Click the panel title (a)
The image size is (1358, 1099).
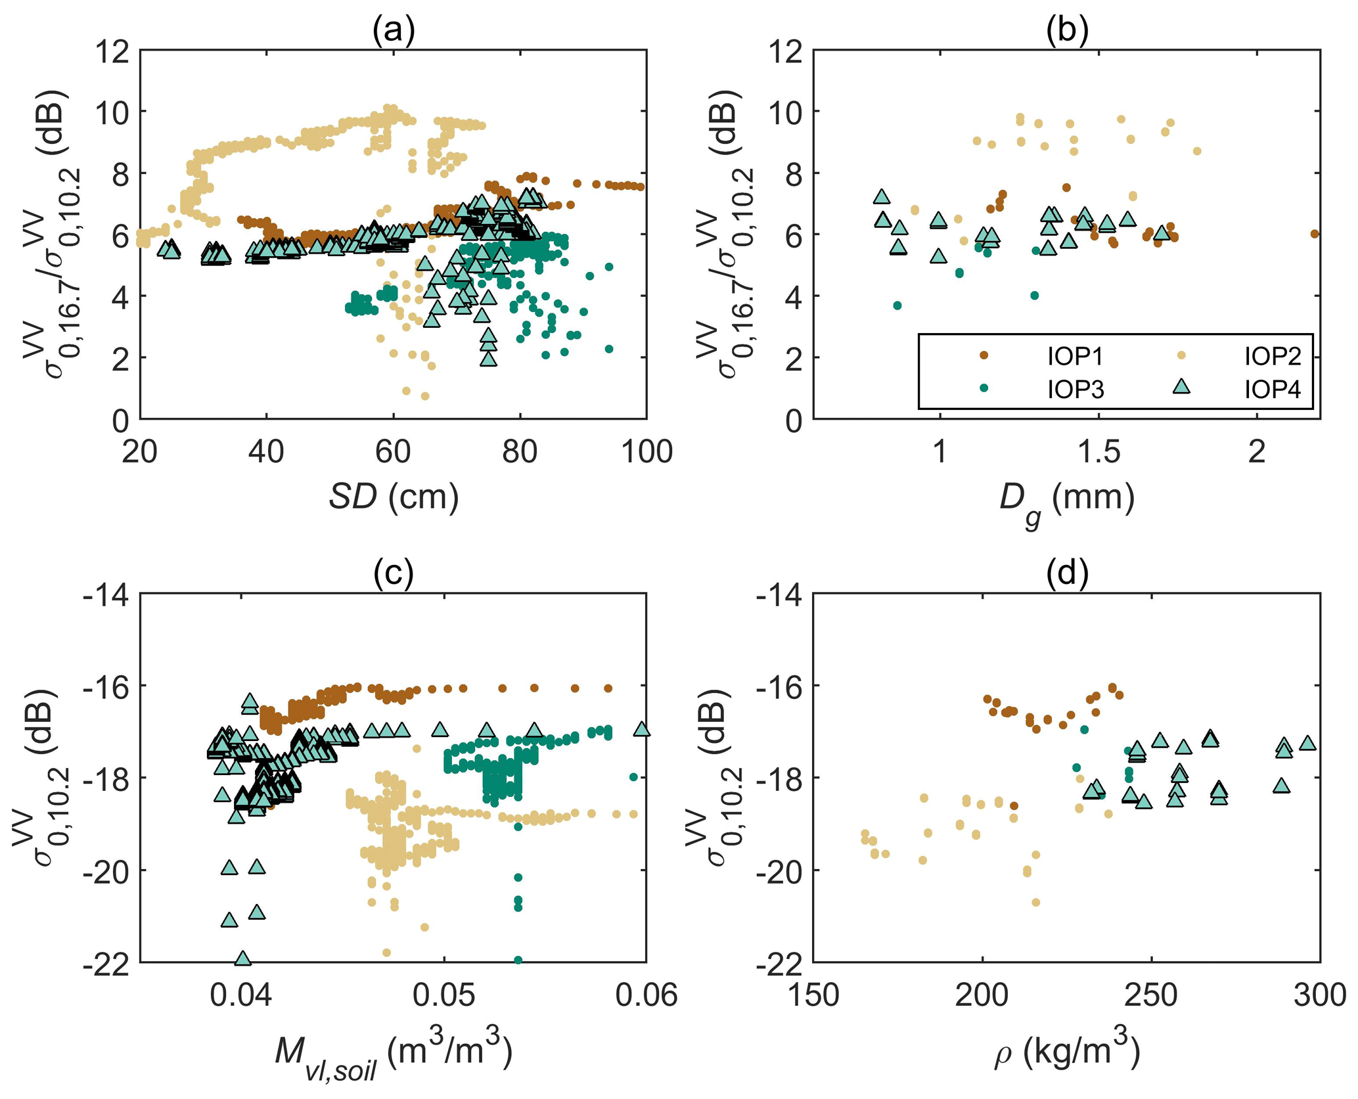[x=393, y=31]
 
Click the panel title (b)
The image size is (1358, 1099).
[x=1067, y=31]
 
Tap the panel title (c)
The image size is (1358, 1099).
[x=393, y=573]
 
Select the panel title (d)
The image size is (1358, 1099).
[x=1067, y=573]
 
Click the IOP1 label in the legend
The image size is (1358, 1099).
[x=1075, y=356]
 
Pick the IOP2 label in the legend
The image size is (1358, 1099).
[x=1273, y=356]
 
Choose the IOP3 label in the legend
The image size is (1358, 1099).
[x=1075, y=390]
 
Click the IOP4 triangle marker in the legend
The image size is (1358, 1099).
[x=1181, y=387]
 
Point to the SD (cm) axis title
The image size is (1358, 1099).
[x=393, y=497]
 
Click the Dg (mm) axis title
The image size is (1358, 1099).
[x=1067, y=501]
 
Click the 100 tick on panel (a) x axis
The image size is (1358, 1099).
[x=646, y=453]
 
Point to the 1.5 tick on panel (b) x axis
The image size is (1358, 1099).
[x=1098, y=453]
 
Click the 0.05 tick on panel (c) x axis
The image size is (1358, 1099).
[x=444, y=996]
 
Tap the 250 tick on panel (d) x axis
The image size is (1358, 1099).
[x=1150, y=996]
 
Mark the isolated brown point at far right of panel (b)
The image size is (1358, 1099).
[x=1314, y=234]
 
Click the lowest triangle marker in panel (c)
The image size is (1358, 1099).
[x=242, y=958]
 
